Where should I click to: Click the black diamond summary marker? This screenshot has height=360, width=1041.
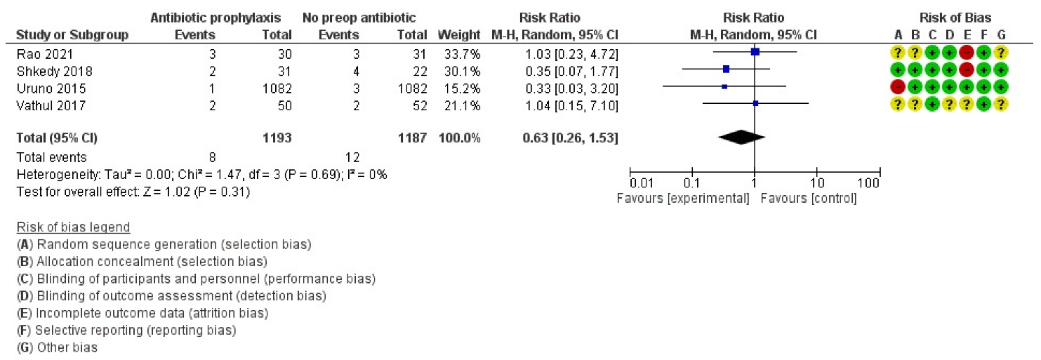741,138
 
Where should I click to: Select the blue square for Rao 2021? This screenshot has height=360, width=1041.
755,52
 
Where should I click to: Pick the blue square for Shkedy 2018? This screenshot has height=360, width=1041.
726,69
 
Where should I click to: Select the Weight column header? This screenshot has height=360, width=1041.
459,34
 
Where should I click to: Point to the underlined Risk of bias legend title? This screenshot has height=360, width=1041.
73,227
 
